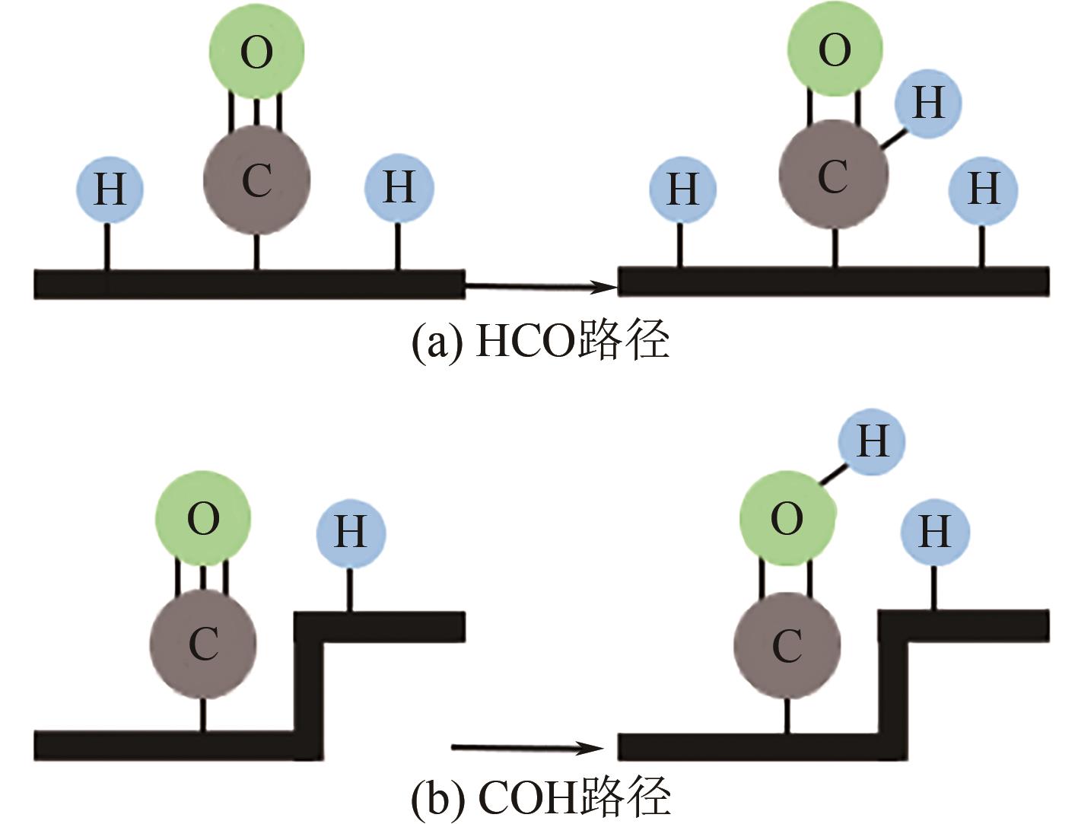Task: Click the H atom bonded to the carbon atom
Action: pyautogui.click(x=927, y=103)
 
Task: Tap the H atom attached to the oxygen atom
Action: pyautogui.click(x=872, y=441)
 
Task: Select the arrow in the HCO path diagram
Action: pyautogui.click(x=539, y=287)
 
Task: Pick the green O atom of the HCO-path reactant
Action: pyautogui.click(x=256, y=52)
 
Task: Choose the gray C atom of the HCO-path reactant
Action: pyautogui.click(x=256, y=180)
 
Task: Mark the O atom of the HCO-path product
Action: pyautogui.click(x=835, y=50)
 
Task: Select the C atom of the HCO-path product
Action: pyautogui.click(x=833, y=177)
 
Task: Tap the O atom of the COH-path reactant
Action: pyautogui.click(x=203, y=519)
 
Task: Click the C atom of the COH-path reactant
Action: pyautogui.click(x=203, y=644)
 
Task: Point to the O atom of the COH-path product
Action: pyautogui.click(x=787, y=519)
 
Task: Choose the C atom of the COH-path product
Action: pyautogui.click(x=787, y=645)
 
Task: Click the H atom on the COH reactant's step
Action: pyautogui.click(x=350, y=533)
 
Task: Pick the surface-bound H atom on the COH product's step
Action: pyautogui.click(x=934, y=531)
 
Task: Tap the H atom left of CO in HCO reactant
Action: pyautogui.click(x=110, y=189)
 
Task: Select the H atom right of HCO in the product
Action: pyautogui.click(x=983, y=189)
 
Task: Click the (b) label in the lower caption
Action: pyautogui.click(x=436, y=797)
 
